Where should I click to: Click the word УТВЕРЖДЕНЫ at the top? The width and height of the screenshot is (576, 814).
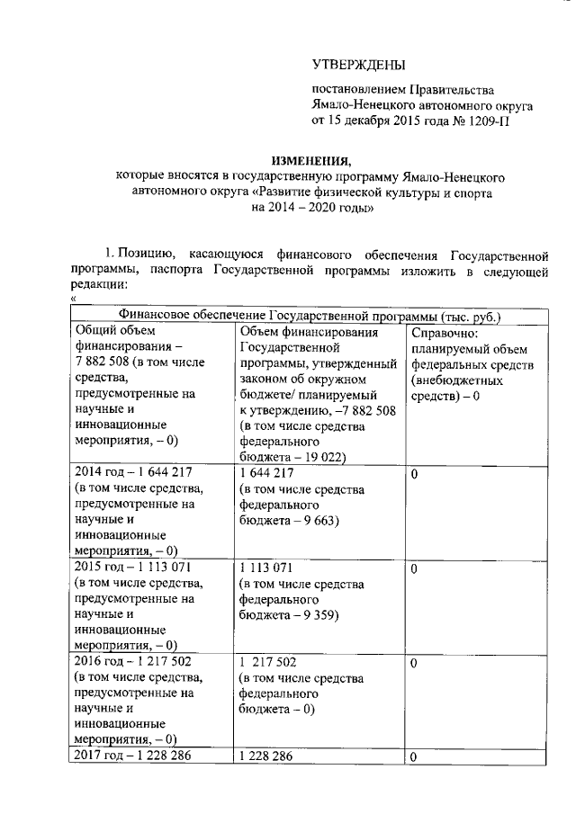pyautogui.click(x=358, y=65)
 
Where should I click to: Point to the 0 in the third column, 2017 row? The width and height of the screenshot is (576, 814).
pyautogui.click(x=414, y=758)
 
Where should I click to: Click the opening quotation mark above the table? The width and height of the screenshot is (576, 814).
pyautogui.click(x=72, y=300)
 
